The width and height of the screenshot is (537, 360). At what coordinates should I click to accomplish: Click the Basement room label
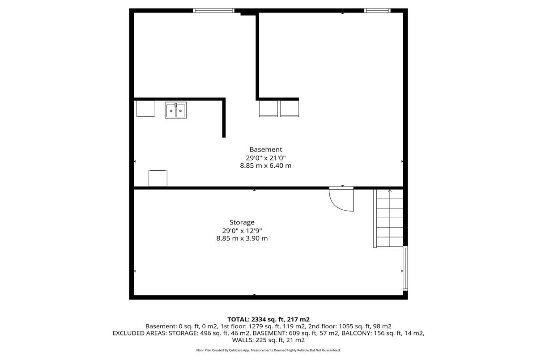point(266,149)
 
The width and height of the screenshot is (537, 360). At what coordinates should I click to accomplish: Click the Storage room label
point(242,223)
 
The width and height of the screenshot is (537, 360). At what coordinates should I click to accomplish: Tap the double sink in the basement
point(176,110)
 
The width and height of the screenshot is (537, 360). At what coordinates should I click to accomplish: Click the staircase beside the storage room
point(388,218)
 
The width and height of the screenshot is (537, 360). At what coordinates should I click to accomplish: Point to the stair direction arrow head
point(390,191)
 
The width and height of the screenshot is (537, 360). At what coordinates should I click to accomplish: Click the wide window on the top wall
point(213,11)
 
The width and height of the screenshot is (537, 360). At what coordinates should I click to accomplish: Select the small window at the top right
point(377,11)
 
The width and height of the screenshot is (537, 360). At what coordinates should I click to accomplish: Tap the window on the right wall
point(405,268)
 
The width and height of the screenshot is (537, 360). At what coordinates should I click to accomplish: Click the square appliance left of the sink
point(146,109)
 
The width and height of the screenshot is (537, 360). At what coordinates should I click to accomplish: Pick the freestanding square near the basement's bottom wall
point(158,178)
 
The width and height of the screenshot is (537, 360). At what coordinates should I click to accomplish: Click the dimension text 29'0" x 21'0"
point(266,158)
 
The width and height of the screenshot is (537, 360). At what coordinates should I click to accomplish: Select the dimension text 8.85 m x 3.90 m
point(242,238)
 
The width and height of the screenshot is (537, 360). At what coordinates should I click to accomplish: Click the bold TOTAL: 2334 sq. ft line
point(268,319)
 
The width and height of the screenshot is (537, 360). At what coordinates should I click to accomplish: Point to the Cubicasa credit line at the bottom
point(268,350)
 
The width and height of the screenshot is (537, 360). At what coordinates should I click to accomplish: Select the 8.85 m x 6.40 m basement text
point(266,165)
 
